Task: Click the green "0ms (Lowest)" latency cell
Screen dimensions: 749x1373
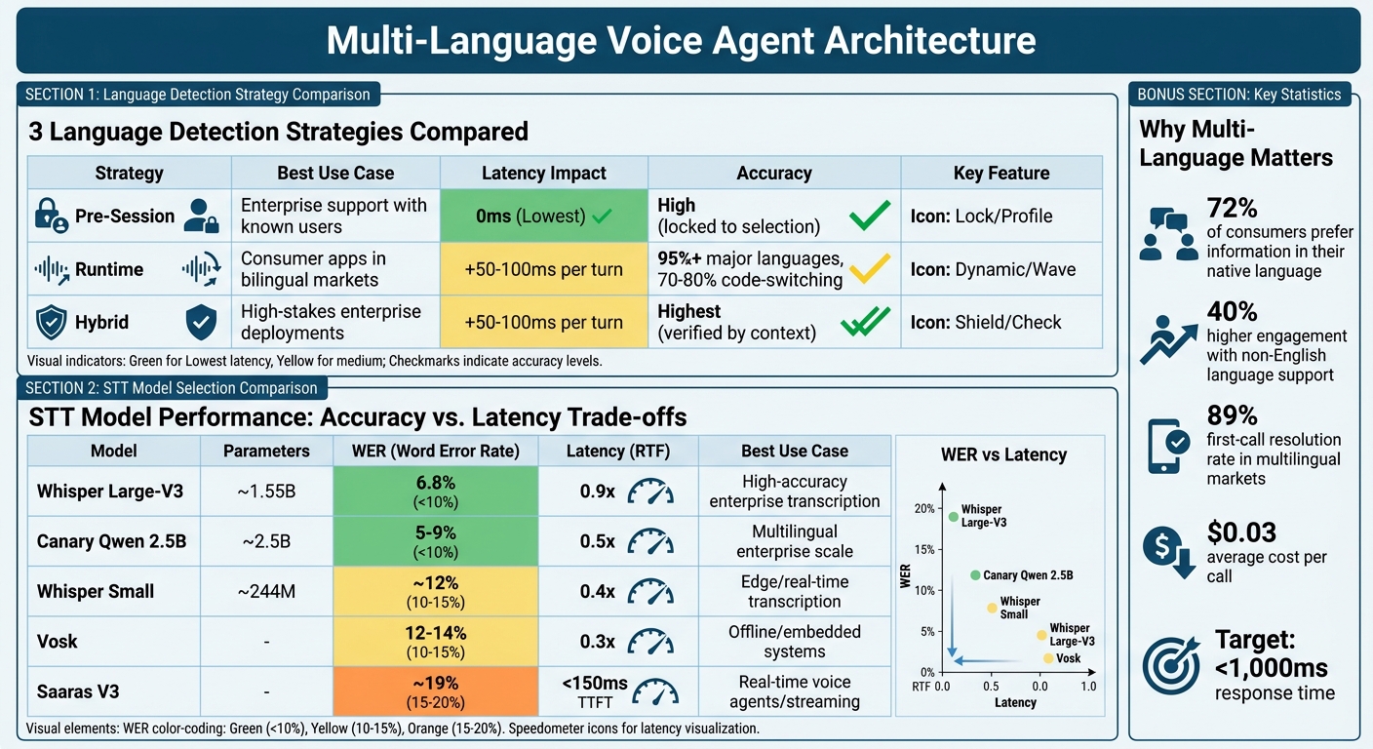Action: pyautogui.click(x=543, y=216)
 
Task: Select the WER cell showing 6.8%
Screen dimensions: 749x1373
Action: pyautogui.click(x=435, y=491)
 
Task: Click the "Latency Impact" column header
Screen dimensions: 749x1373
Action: pyautogui.click(x=543, y=173)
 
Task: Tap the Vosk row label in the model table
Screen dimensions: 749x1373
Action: pyautogui.click(x=58, y=642)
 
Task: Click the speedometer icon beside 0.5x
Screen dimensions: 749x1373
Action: pyautogui.click(x=650, y=541)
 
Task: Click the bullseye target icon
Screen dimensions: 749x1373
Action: pyautogui.click(x=1170, y=666)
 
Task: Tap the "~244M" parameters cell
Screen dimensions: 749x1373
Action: pyautogui.click(x=266, y=591)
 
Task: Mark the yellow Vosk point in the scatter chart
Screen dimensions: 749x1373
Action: pyautogui.click(x=1048, y=658)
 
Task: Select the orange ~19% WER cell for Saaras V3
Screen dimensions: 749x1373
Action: pyautogui.click(x=435, y=691)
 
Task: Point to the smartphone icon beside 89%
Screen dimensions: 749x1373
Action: pyautogui.click(x=1170, y=444)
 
